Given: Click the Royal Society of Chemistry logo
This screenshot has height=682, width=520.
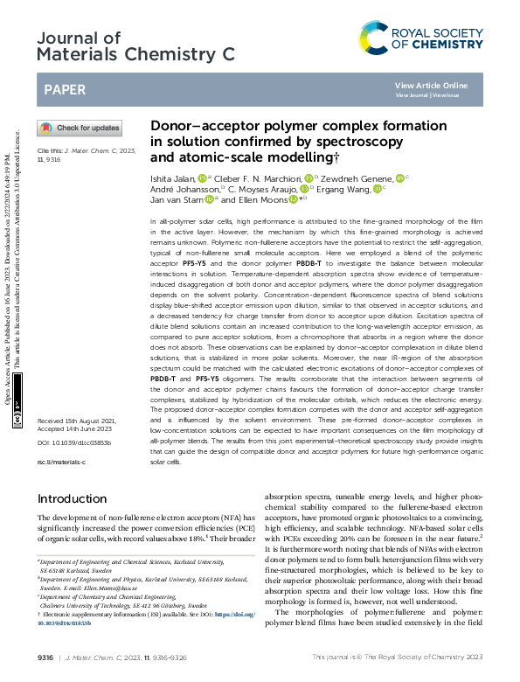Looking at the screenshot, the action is click(420, 38).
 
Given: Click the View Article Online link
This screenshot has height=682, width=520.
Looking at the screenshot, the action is click(431, 86).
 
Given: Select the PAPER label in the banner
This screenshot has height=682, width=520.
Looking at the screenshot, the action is click(64, 89).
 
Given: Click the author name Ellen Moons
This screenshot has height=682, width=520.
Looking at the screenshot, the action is click(262, 198).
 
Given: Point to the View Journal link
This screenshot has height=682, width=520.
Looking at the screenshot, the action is click(413, 95).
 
